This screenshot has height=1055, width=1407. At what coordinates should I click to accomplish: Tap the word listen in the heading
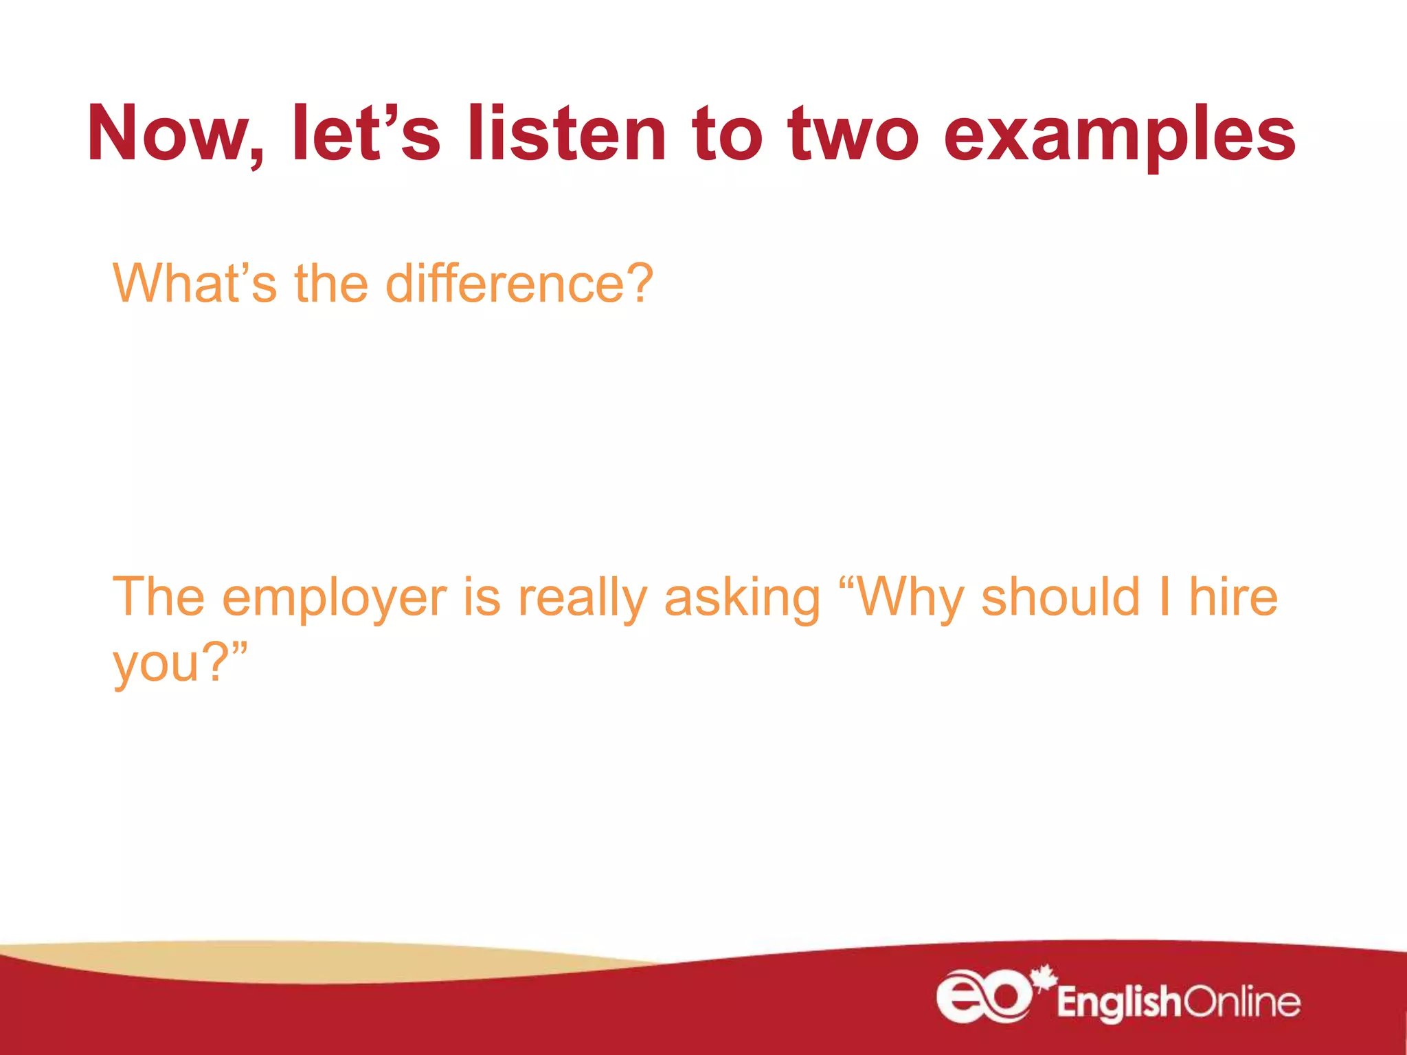(x=566, y=134)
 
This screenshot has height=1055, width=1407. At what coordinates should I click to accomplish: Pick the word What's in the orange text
(x=195, y=283)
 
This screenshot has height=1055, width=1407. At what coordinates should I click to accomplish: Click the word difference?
(x=519, y=283)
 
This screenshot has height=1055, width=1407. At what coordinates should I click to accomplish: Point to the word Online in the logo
(x=1242, y=1003)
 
